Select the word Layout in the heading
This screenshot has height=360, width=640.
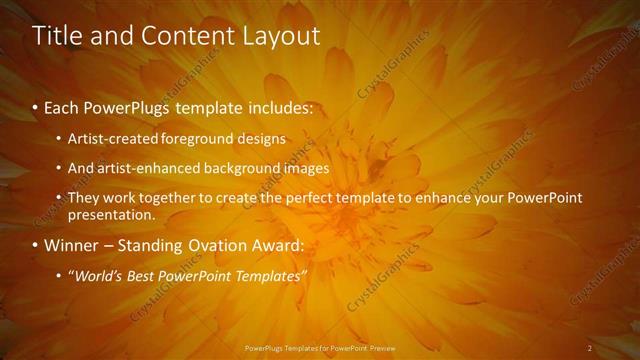(x=282, y=36)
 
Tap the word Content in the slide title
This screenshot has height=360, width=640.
(x=185, y=36)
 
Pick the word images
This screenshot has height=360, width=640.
(x=306, y=168)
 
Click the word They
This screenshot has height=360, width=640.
(x=83, y=198)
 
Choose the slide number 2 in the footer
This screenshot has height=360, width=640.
(x=590, y=348)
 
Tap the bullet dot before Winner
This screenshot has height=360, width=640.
(x=36, y=245)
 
